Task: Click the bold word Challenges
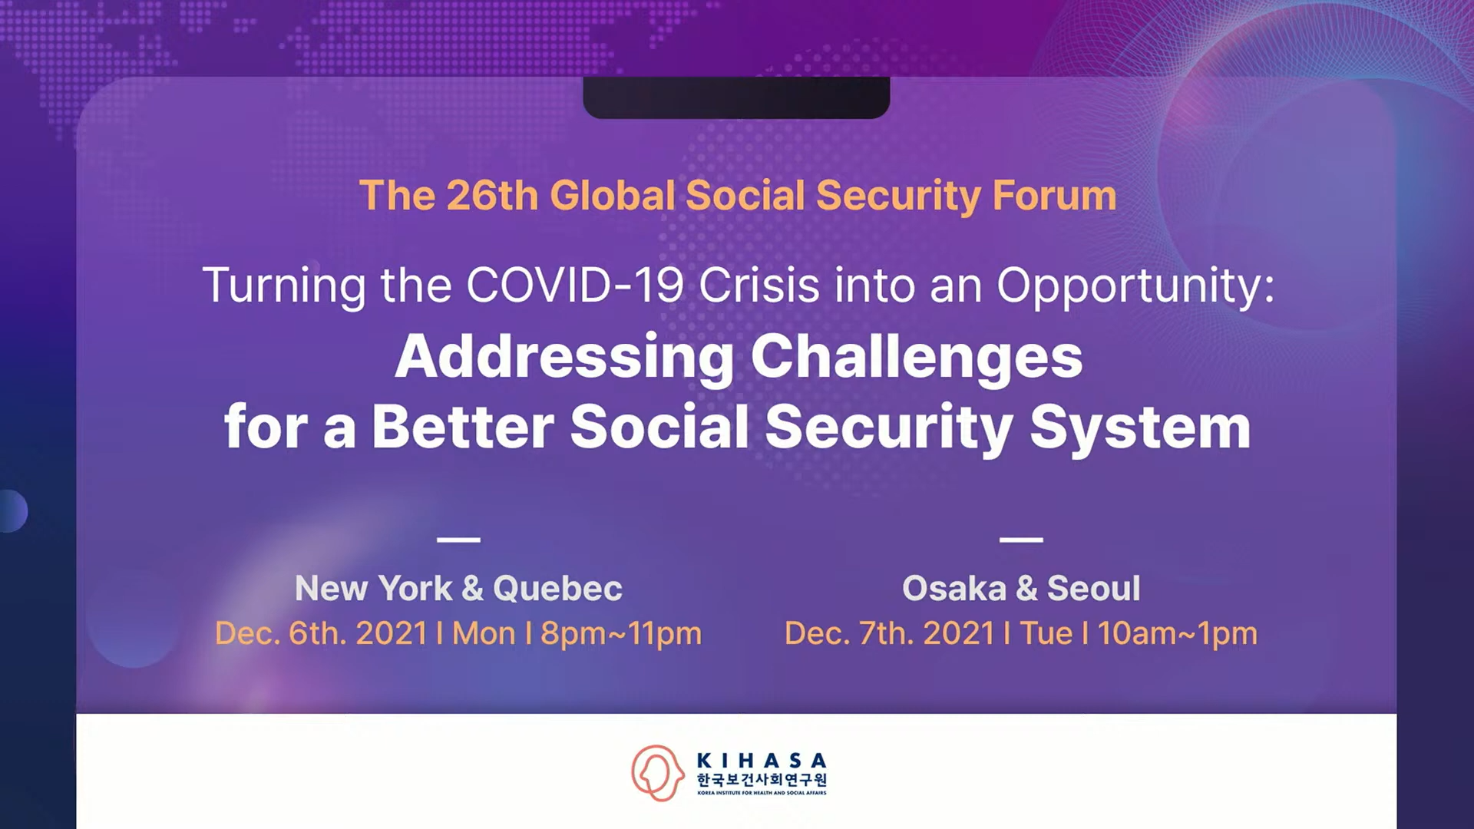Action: click(x=917, y=358)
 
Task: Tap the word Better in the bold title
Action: click(x=463, y=427)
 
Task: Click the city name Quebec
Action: click(x=557, y=589)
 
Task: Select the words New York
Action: click(x=374, y=589)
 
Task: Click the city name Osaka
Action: click(x=954, y=589)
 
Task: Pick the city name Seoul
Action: click(x=1094, y=589)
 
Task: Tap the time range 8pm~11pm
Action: click(x=621, y=634)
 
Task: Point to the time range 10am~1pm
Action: click(x=1178, y=634)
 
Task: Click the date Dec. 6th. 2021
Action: click(x=321, y=633)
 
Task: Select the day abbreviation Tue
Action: click(x=1046, y=633)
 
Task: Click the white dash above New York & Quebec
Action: click(x=458, y=540)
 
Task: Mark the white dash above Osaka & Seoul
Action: click(x=1021, y=540)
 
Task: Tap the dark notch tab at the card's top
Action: click(x=736, y=97)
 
